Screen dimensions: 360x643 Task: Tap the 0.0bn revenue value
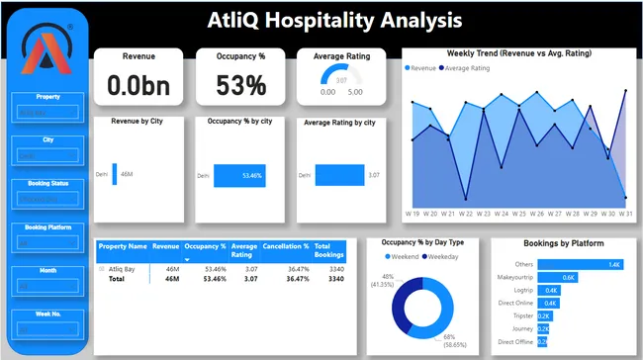coord(138,86)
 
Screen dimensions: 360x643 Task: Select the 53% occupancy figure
coord(241,86)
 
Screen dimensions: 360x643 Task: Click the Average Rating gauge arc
coord(341,79)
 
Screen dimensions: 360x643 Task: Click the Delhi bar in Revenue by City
coord(115,173)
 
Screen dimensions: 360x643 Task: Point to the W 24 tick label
coord(502,213)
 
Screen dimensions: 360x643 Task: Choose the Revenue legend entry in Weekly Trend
coord(421,67)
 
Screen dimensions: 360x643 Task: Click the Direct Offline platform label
coord(518,340)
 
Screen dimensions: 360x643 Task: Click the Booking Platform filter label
coord(47,227)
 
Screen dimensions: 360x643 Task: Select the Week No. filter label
coord(47,314)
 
